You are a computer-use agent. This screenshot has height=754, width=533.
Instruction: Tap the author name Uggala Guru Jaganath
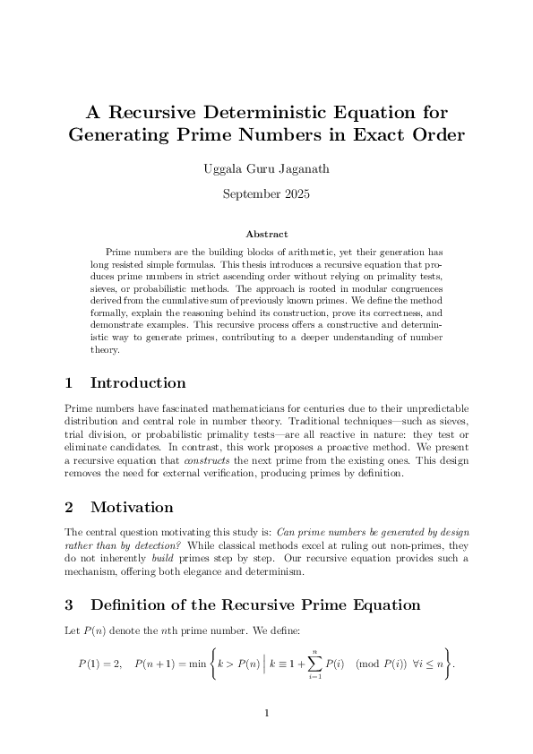click(266, 167)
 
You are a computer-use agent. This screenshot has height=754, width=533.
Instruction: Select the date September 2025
click(266, 192)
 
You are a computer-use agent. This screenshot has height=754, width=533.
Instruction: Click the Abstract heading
click(266, 234)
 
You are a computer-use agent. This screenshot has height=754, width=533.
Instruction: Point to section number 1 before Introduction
click(69, 383)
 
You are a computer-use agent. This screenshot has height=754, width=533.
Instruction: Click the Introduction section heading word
click(138, 383)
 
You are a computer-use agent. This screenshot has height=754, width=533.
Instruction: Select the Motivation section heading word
click(132, 507)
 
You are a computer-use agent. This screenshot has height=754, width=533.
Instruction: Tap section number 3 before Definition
click(69, 605)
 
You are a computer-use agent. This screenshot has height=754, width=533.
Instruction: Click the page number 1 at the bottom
click(267, 714)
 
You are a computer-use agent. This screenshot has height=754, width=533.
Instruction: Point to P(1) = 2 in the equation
click(99, 664)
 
